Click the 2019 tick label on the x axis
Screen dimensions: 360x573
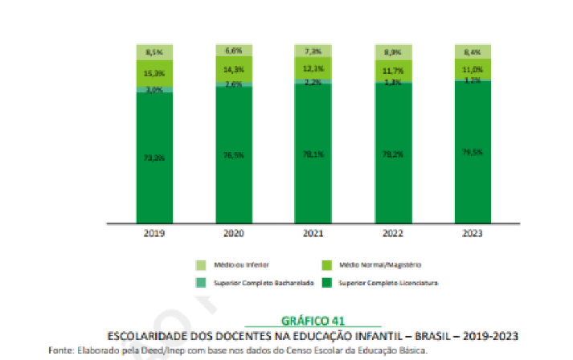click(x=154, y=233)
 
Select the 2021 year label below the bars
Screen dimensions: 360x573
click(x=313, y=233)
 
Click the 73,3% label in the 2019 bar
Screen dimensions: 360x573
click(x=154, y=158)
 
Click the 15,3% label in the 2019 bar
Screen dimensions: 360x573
click(x=154, y=73)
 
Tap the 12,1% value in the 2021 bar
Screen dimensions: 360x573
click(x=313, y=68)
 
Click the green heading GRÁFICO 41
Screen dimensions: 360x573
click(x=313, y=321)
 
